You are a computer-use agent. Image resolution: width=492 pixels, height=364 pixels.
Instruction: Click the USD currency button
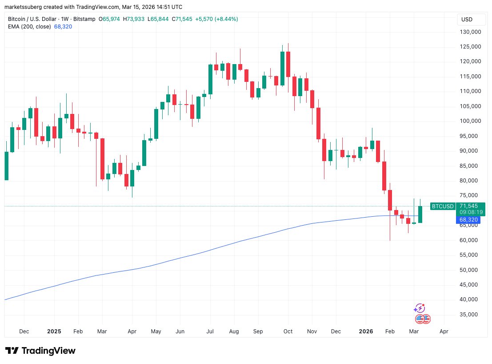[467, 20]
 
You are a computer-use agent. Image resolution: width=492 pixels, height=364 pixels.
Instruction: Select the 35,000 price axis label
[472, 314]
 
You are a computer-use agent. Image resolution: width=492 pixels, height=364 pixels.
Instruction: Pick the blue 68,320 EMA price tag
[468, 220]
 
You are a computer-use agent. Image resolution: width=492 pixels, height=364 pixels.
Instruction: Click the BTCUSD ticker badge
[443, 206]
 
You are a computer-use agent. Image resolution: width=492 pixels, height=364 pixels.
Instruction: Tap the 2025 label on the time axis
[54, 332]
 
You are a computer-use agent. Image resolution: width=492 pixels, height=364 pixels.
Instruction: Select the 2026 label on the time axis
[366, 332]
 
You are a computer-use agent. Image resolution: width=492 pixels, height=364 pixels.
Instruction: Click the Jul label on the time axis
[210, 332]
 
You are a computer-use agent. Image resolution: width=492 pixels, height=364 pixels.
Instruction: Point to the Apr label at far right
[443, 332]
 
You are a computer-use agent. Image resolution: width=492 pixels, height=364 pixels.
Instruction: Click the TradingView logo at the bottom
[40, 351]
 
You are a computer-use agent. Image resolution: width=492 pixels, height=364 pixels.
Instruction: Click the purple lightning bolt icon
[419, 308]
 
